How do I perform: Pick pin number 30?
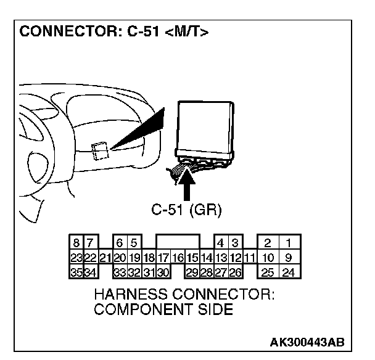click(x=163, y=271)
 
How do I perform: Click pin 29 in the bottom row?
click(x=192, y=271)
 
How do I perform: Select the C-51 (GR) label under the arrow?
click(x=186, y=210)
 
